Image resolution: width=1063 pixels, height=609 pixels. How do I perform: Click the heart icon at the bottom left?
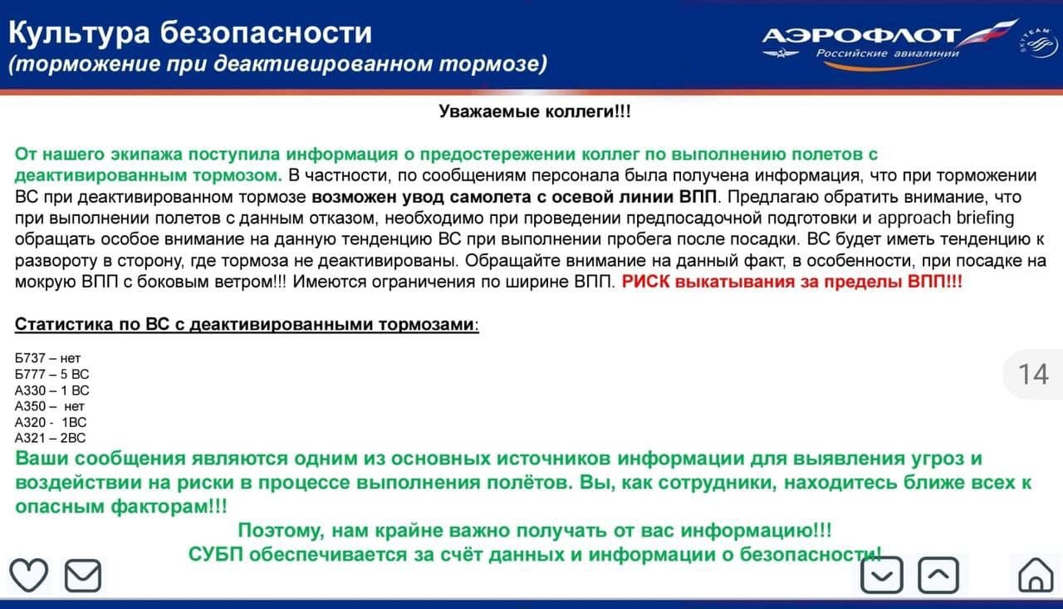(28, 575)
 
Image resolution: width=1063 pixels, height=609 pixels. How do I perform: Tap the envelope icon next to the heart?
(83, 575)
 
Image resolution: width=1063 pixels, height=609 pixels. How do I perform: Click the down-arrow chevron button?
(881, 575)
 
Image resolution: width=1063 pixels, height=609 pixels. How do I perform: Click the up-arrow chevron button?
(938, 575)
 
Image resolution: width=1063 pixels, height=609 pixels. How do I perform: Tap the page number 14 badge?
(1033, 375)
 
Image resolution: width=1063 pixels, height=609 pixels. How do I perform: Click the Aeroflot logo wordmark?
(861, 37)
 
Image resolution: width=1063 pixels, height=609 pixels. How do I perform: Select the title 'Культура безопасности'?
(190, 33)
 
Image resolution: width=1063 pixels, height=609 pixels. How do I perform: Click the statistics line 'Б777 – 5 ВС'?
(51, 375)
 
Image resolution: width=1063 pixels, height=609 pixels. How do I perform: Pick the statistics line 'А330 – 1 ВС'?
(51, 390)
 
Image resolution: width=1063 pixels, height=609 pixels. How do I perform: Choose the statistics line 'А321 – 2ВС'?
(50, 438)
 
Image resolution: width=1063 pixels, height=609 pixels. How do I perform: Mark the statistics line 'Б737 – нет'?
(47, 359)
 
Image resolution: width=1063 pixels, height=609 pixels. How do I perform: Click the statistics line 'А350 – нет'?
(50, 406)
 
